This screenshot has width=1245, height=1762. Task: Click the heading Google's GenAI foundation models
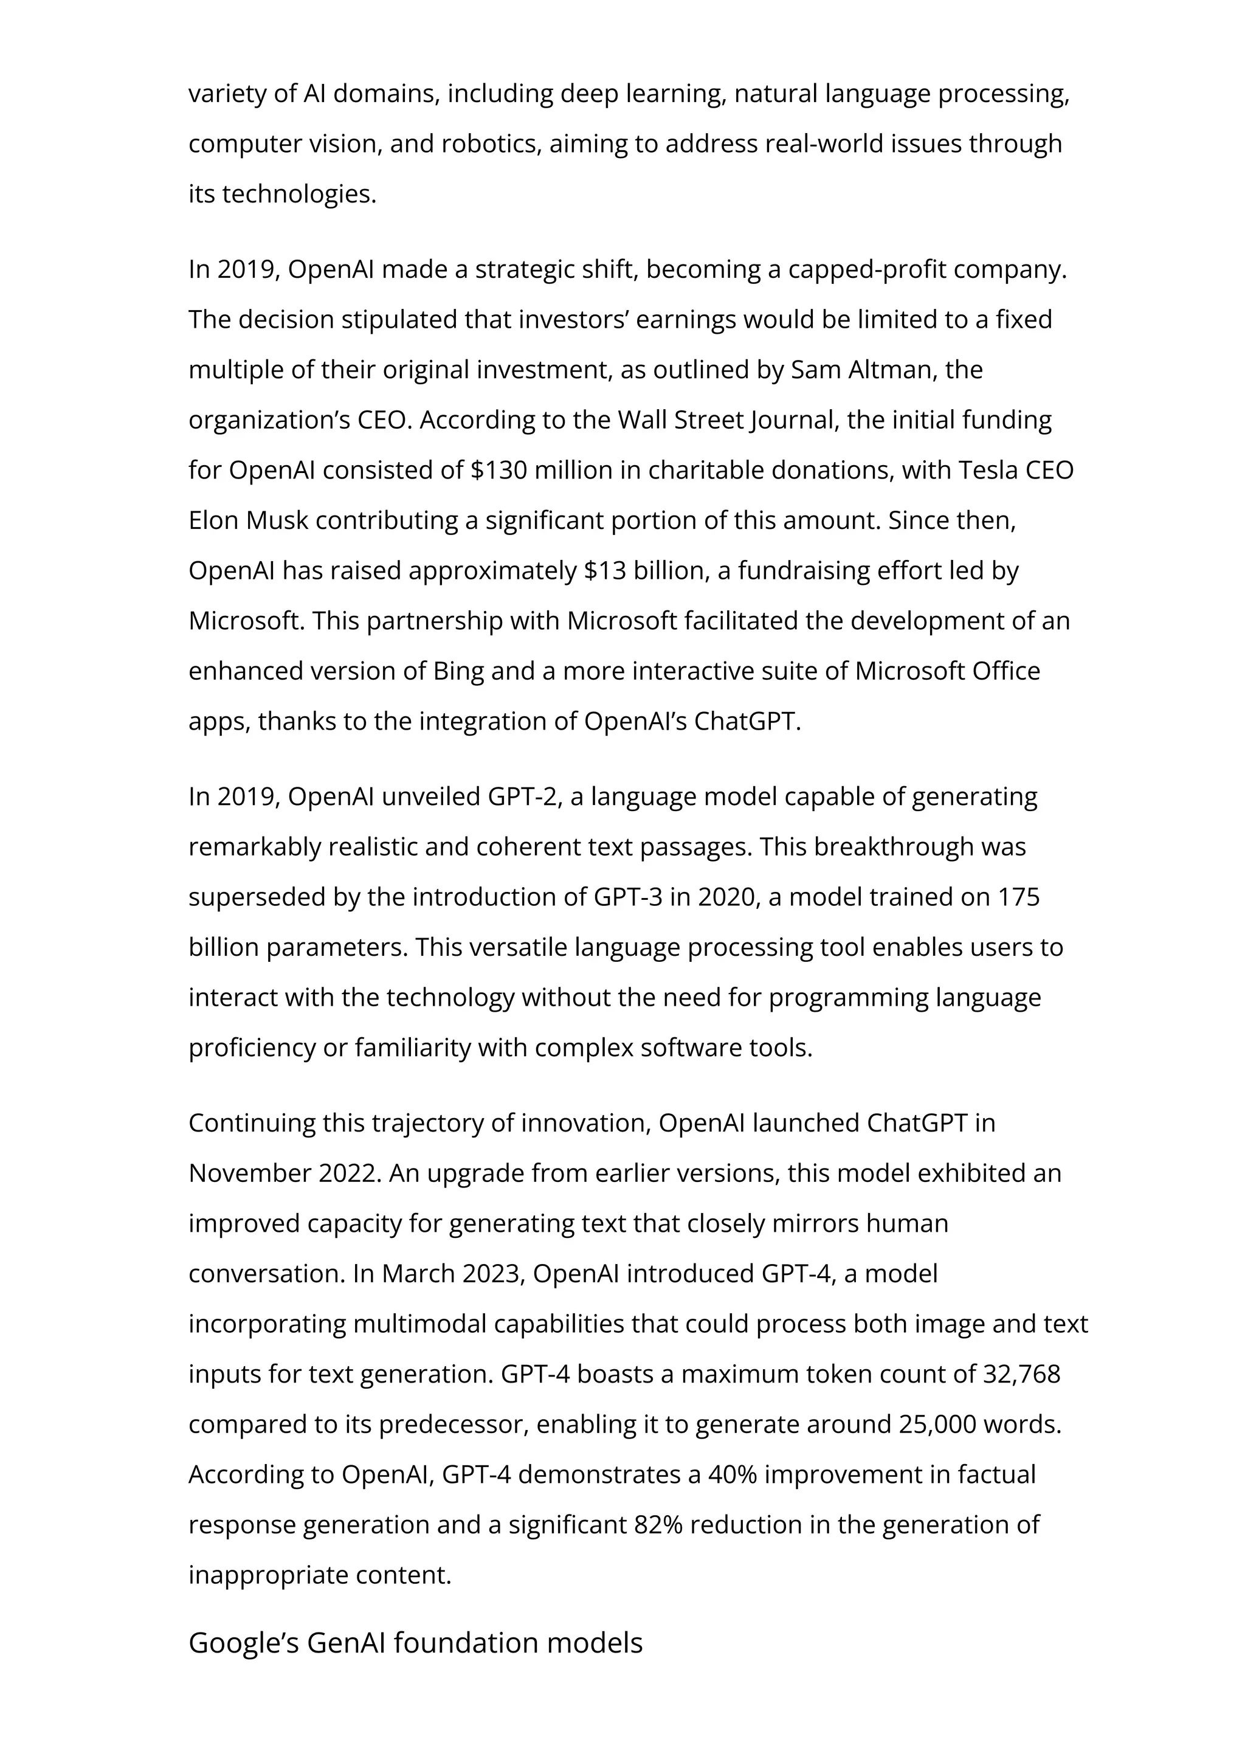point(415,1642)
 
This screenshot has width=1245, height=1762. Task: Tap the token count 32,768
point(1021,1373)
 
